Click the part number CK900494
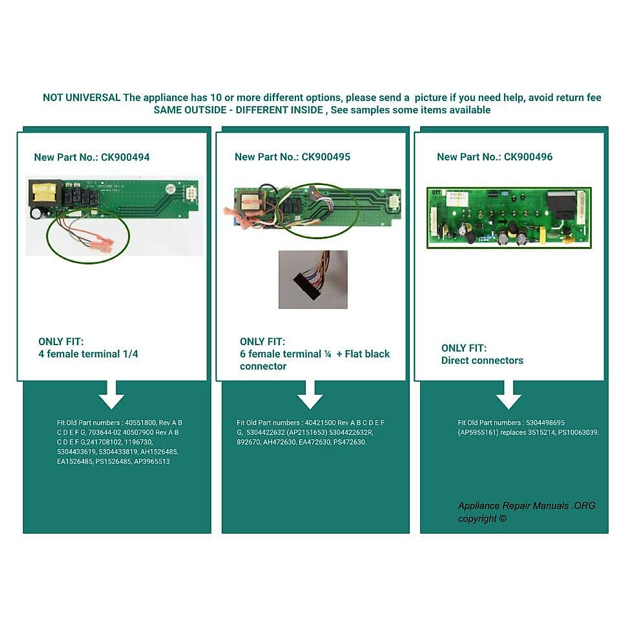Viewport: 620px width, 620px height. pos(125,157)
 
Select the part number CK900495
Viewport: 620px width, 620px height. pos(326,157)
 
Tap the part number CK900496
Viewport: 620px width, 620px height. pos(528,157)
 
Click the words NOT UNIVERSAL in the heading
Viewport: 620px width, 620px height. pos(82,98)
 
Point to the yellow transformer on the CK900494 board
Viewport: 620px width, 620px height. pos(40,193)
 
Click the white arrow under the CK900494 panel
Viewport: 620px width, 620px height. pos(112,395)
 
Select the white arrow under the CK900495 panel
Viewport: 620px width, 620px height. pos(310,395)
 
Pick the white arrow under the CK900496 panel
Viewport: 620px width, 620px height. pos(508,395)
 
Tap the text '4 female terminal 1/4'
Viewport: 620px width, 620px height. pos(88,354)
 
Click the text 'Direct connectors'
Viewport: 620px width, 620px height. pos(482,361)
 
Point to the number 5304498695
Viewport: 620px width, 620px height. pos(545,423)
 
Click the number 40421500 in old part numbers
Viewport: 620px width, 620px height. pos(320,423)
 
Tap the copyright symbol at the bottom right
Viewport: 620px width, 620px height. pos(503,519)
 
